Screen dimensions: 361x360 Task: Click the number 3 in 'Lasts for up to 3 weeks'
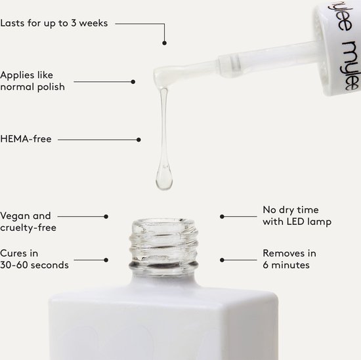tap(74, 23)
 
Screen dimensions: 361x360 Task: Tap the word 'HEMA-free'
tap(26, 139)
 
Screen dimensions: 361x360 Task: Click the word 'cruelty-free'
tap(28, 228)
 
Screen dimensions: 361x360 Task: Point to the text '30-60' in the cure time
tap(14, 265)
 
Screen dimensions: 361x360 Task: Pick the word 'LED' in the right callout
tap(295, 222)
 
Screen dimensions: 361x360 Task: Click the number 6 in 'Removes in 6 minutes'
tap(265, 265)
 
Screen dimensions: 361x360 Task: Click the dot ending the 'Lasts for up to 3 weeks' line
tap(164, 43)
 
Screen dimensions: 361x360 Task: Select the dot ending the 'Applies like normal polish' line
tap(133, 82)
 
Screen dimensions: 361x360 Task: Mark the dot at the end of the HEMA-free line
tap(138, 140)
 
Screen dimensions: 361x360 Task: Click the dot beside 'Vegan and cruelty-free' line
tap(106, 216)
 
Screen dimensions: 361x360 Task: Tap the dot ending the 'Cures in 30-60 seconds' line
tap(106, 260)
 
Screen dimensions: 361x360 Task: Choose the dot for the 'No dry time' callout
tap(222, 216)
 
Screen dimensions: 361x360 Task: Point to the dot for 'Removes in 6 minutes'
tap(222, 260)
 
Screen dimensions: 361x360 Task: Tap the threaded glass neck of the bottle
tap(163, 247)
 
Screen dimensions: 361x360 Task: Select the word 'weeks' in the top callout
tap(93, 23)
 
